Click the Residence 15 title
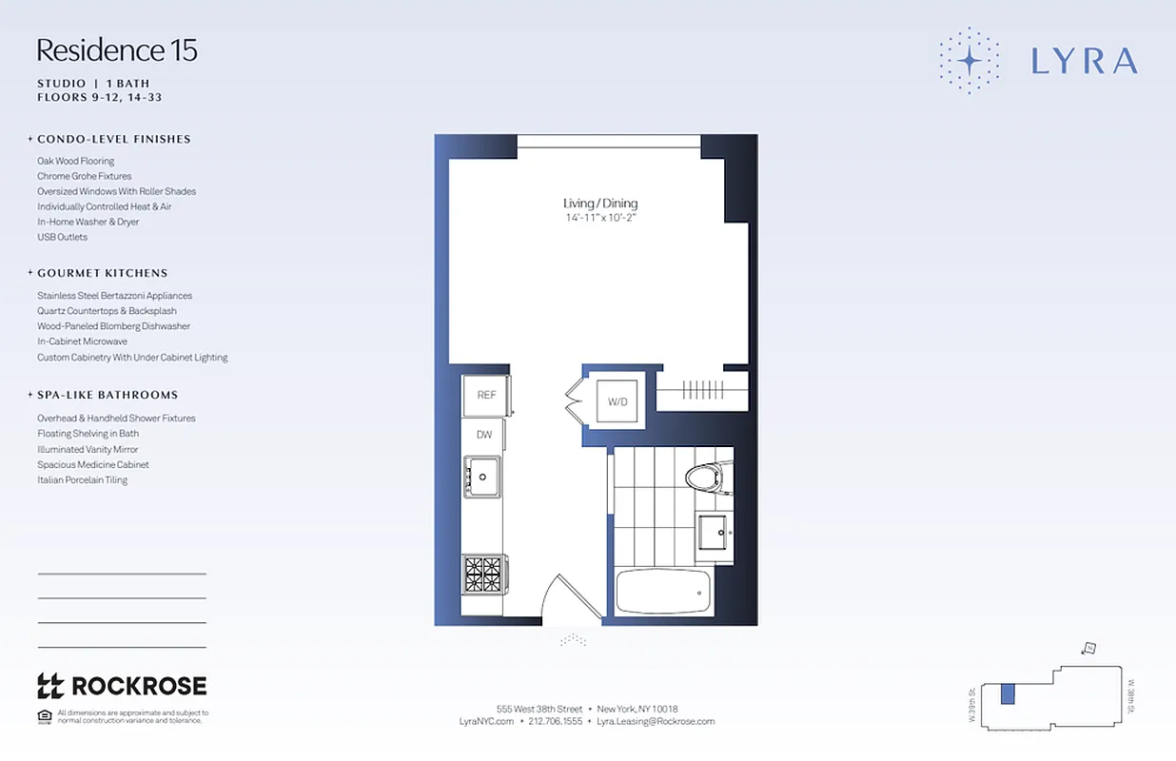coord(117,50)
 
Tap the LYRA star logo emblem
coord(969,61)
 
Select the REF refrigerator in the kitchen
coord(486,395)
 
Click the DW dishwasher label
coord(484,435)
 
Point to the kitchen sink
coord(483,474)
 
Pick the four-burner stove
coord(482,574)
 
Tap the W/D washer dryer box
coord(618,401)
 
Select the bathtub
coord(661,590)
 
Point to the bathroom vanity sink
coord(713,530)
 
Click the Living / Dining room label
coord(600,204)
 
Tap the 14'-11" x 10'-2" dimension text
coord(600,218)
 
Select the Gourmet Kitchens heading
coord(102,273)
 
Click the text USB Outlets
coord(62,237)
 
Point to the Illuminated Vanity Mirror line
coord(88,449)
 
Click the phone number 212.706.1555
coord(555,721)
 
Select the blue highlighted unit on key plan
coord(1008,694)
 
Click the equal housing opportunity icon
coord(44,716)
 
